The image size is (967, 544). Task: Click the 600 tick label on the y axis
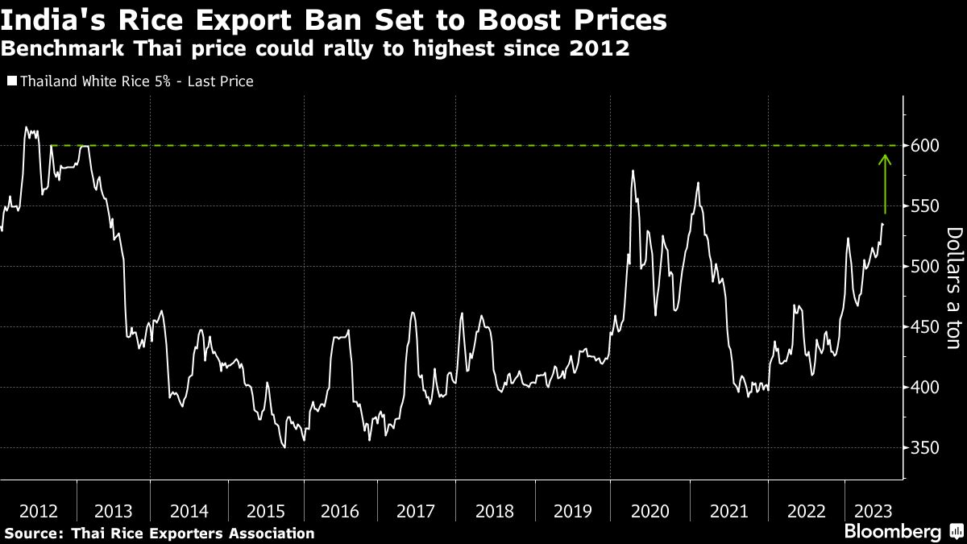925,146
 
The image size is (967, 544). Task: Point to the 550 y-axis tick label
925,206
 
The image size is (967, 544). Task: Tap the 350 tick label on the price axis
925,448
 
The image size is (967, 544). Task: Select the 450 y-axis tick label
925,327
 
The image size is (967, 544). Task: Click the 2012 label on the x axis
38,511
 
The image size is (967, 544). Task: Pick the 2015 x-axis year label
266,511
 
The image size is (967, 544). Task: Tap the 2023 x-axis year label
874,511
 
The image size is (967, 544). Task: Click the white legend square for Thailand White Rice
11,81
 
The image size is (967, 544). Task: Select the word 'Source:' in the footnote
35,534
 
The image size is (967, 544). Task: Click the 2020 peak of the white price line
633,171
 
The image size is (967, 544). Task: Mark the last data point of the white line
882,224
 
